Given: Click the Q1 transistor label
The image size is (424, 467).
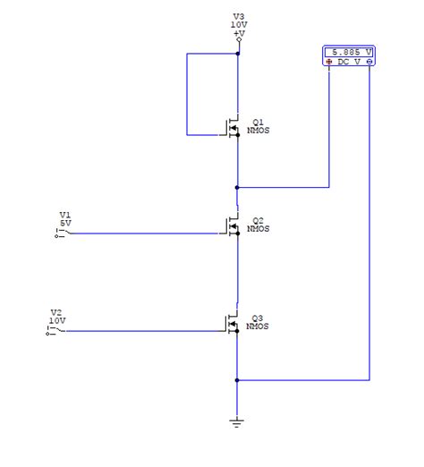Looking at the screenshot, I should coord(258,121).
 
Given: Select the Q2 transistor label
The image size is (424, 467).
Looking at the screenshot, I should coord(258,220).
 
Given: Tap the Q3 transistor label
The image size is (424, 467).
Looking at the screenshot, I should coord(258,318).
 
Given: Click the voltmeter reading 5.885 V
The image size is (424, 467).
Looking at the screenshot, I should coord(349,51).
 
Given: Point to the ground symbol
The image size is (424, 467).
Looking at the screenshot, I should coord(237,421).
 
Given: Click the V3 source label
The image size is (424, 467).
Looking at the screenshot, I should coord(238,16).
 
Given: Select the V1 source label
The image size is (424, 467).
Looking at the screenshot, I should coord(64,215).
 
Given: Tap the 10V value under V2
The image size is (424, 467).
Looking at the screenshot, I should coord(56,320).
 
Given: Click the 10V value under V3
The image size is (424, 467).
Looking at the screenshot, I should coord(238,24).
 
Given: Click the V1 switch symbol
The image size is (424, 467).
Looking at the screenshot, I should coord(60,233).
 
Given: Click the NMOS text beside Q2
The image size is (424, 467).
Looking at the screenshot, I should coord(259,229).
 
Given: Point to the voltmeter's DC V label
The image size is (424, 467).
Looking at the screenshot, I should coord(349,62).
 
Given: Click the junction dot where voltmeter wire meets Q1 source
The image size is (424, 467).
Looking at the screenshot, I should coord(237,188).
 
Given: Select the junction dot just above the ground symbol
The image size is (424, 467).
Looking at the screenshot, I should coord(237,379).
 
